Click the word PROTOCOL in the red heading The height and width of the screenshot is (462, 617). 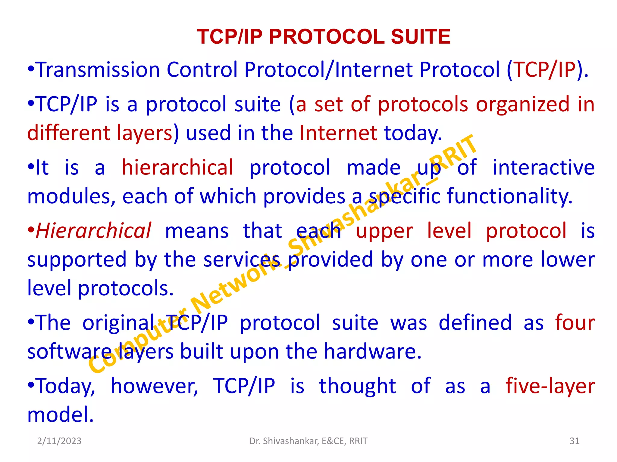coord(327,37)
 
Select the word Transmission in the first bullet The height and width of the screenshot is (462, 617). coord(98,70)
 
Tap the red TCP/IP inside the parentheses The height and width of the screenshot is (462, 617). coord(545,70)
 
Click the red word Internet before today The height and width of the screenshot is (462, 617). coord(338,133)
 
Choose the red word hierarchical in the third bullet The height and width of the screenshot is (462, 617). coord(177,167)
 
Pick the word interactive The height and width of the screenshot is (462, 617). coord(543,167)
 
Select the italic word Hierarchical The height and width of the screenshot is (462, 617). coord(93,231)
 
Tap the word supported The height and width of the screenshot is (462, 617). coord(77,260)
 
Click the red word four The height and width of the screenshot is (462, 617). coord(575,323)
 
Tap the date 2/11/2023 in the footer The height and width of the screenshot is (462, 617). coord(59,441)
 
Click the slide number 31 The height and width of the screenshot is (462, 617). coord(575,441)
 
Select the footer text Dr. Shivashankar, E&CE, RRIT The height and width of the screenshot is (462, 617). coord(308,441)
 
